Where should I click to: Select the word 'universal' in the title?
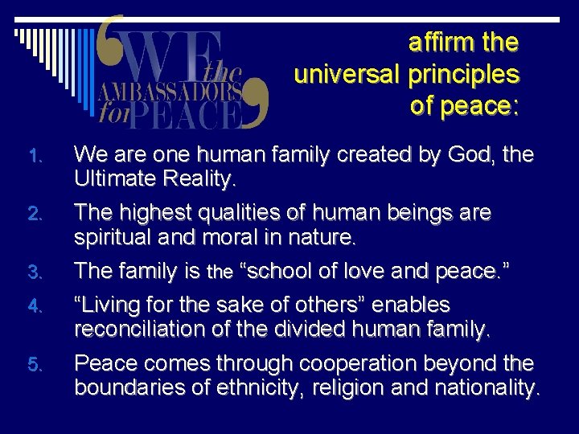(348, 74)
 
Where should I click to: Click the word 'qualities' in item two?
(218, 213)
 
